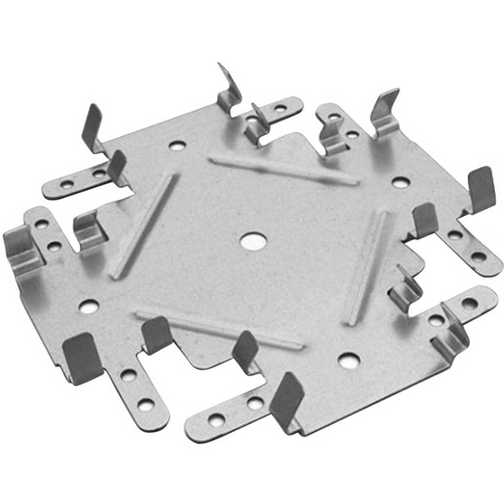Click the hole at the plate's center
(251, 241)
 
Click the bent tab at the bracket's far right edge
(481, 188)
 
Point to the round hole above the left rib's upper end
(177, 144)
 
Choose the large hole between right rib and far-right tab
(401, 182)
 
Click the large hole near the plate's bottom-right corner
(348, 360)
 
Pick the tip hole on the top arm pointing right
(281, 108)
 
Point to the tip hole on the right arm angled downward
(478, 256)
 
